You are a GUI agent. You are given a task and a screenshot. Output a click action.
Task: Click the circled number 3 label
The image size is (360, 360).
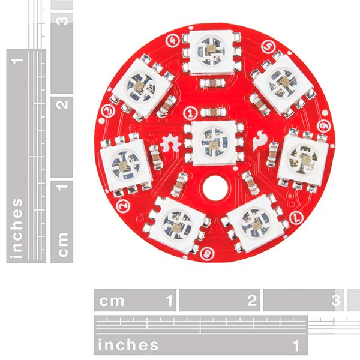[x=109, y=110]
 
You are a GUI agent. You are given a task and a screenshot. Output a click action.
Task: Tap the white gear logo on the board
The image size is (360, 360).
[x=169, y=145]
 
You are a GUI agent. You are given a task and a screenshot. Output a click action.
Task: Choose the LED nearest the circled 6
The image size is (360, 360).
[x=302, y=158]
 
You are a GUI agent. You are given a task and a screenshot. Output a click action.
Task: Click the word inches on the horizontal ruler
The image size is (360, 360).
[x=128, y=344]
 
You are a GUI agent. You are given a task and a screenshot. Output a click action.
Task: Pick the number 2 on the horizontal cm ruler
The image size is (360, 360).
[x=251, y=299]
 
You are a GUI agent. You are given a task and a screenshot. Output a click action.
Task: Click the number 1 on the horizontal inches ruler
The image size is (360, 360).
[x=295, y=344]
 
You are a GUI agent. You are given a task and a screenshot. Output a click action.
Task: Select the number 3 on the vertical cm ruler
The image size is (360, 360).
[x=62, y=19]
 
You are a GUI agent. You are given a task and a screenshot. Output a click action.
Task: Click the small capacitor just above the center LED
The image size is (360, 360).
[x=211, y=112]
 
